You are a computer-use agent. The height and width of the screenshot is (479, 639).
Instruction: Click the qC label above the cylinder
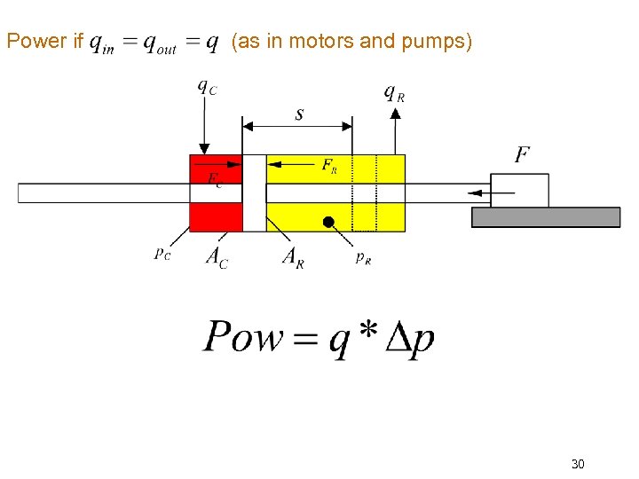click(205, 88)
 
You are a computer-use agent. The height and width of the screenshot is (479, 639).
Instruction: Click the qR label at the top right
click(394, 92)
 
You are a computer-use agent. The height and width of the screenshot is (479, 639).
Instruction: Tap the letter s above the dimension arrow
click(299, 114)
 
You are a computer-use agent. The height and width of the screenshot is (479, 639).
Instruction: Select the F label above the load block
click(523, 155)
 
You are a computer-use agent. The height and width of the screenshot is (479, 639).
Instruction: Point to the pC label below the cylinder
click(162, 254)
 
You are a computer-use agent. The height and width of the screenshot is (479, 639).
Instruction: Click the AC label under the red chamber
click(217, 257)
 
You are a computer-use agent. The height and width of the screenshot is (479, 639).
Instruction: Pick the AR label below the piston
click(293, 257)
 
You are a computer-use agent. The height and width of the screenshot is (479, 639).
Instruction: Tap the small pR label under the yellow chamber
click(363, 257)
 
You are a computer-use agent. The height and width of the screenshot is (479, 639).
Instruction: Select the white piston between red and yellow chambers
click(255, 192)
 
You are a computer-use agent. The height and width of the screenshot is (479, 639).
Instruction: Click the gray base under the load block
click(545, 217)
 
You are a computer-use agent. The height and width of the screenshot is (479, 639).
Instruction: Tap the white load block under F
click(520, 191)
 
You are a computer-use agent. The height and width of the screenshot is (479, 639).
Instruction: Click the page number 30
click(578, 464)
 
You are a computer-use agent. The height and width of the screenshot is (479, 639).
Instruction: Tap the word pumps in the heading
click(438, 41)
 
